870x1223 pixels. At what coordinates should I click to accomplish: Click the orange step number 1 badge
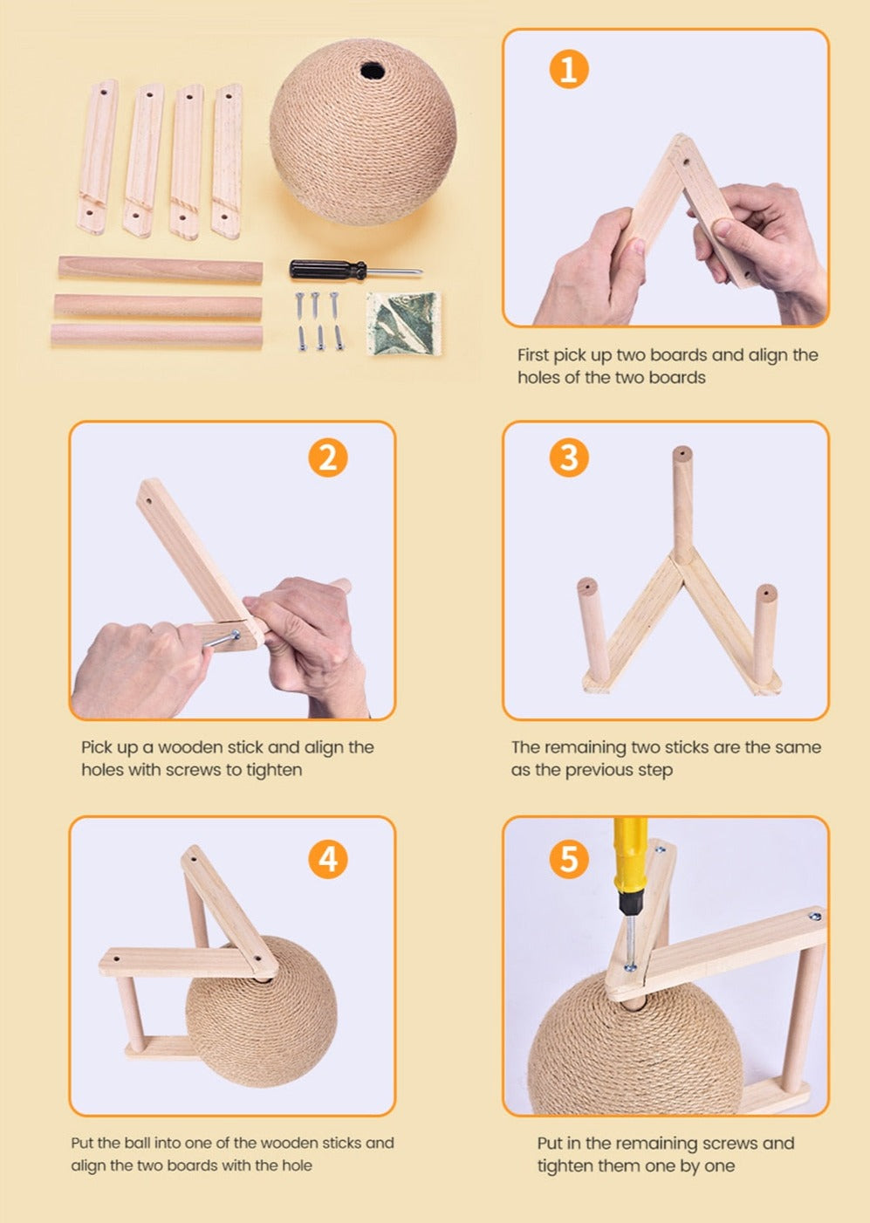coord(568,69)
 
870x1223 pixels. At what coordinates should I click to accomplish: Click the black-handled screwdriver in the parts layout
coord(355,270)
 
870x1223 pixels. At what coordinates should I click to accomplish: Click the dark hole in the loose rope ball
coord(373,71)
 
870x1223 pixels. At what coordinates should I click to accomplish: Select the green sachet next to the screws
coord(404,323)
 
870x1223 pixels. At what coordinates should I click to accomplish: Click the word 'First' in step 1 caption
coord(533,355)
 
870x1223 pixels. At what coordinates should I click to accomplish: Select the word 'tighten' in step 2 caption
coord(274,771)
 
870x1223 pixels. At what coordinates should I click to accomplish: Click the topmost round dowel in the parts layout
coord(161,269)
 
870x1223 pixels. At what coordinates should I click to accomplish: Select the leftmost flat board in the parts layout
coord(98,157)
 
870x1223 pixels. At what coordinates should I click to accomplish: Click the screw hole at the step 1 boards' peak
coord(687,162)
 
